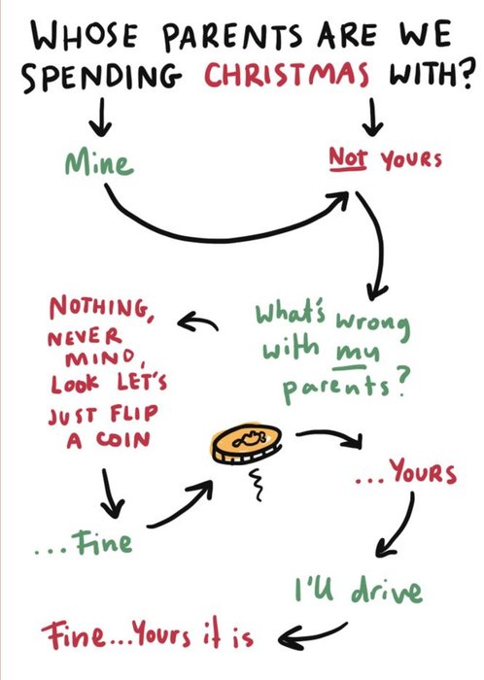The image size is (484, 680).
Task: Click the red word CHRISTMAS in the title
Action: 287,76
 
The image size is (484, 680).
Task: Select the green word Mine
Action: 99,164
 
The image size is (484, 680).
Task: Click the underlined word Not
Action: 348,158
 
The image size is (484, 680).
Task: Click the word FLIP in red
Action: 133,413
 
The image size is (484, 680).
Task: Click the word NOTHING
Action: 101,309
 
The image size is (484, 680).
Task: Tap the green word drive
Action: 386,591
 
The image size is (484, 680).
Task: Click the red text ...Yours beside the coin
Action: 405,472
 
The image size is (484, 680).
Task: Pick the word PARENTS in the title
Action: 232,36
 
